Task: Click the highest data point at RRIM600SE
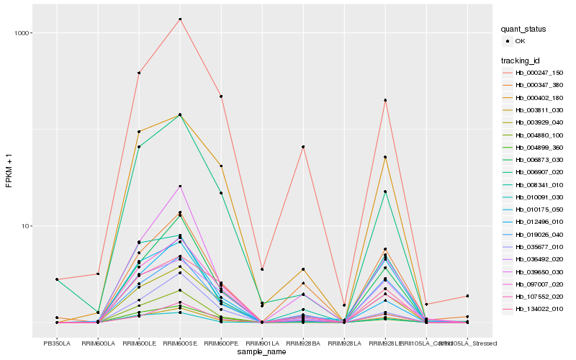(x=180, y=19)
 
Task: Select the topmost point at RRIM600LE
(x=139, y=73)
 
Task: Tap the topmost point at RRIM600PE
(x=221, y=96)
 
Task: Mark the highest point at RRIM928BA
(x=304, y=147)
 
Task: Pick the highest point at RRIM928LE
(x=386, y=100)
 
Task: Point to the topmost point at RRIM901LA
(x=262, y=269)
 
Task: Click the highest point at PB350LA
(x=57, y=279)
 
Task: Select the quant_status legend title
(x=524, y=29)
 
